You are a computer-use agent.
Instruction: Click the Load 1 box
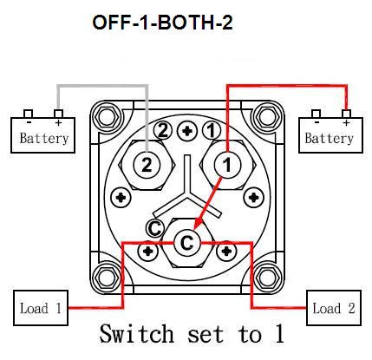coord(41,308)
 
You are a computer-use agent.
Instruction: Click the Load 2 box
coord(334,308)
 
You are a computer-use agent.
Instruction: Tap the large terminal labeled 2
coord(147,166)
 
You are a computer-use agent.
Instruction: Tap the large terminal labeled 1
coord(227,165)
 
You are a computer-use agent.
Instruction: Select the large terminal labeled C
coord(187,242)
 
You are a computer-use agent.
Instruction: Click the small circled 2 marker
coord(163,130)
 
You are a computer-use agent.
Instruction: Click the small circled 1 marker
coord(212,130)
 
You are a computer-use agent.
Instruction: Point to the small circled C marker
coord(155,228)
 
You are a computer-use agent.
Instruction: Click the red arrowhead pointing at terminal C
coord(199,224)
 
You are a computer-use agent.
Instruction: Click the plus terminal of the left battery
coord(59,114)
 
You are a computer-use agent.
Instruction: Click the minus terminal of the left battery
coord(28,114)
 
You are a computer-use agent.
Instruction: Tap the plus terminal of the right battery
coord(346,114)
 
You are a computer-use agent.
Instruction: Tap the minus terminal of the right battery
coord(316,114)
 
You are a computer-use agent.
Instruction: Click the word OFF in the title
coord(111,23)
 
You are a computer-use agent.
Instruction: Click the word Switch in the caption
coord(137,333)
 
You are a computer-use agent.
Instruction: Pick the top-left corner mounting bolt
coord(106,117)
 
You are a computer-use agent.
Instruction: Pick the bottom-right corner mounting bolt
coord(267,278)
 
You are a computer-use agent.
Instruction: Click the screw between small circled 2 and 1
coord(187,131)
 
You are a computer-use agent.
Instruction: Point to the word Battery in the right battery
coord(330,138)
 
